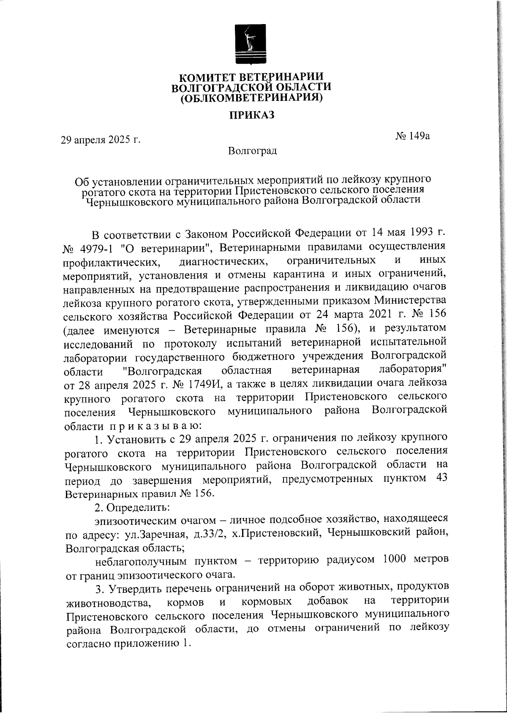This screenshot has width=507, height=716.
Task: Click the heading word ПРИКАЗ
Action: (x=252, y=115)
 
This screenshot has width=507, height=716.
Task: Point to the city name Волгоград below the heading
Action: (x=252, y=151)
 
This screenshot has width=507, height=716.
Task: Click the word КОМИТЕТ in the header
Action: (x=206, y=78)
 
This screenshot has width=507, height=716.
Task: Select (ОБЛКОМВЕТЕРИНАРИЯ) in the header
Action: (x=251, y=98)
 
